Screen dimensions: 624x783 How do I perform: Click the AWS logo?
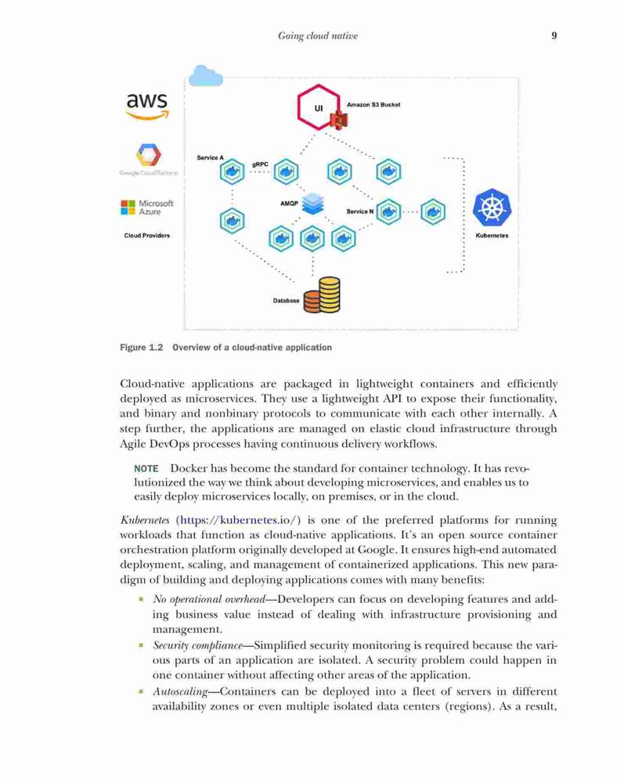pos(147,106)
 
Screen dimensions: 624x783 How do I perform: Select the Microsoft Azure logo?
pos(146,207)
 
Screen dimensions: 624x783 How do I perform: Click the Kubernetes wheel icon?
pos(492,207)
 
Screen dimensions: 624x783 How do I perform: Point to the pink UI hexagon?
pos(319,107)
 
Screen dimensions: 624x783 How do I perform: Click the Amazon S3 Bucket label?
pos(373,105)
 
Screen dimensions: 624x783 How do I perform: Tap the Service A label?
pos(210,158)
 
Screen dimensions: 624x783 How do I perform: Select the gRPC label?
pos(260,164)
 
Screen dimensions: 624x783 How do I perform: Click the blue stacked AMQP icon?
pos(313,204)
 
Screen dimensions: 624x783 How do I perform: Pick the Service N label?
pos(360,211)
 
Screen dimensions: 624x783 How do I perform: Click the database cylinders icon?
pos(322,295)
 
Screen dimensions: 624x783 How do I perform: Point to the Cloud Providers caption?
pos(146,236)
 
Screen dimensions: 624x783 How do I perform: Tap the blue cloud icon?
pos(205,76)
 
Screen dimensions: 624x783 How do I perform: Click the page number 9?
pos(554,35)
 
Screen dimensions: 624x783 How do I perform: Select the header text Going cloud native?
pos(318,36)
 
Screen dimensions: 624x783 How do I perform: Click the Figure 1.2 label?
pos(141,348)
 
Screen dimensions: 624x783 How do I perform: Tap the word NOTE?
pos(146,469)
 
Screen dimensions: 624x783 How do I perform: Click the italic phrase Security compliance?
pos(197,646)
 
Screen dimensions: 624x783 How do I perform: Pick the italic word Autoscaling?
pos(180,692)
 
